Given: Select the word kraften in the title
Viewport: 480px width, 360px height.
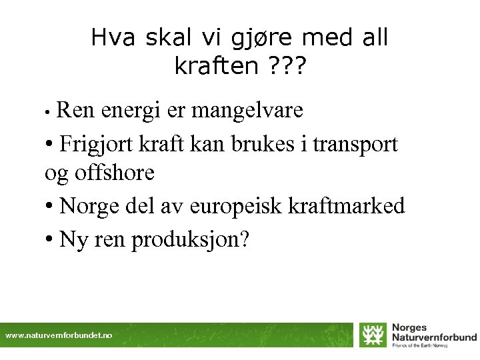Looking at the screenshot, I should (x=213, y=66).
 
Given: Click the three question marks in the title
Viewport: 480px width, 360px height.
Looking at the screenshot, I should (x=285, y=66).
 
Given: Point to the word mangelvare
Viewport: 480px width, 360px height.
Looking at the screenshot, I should (x=247, y=110).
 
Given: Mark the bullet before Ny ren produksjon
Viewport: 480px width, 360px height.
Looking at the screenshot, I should (x=50, y=239).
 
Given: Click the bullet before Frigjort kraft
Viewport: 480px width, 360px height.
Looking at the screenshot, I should (x=50, y=143).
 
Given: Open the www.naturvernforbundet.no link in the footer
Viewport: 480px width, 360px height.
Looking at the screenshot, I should (x=59, y=335).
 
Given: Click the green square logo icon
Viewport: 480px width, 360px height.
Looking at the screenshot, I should (x=373, y=335).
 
